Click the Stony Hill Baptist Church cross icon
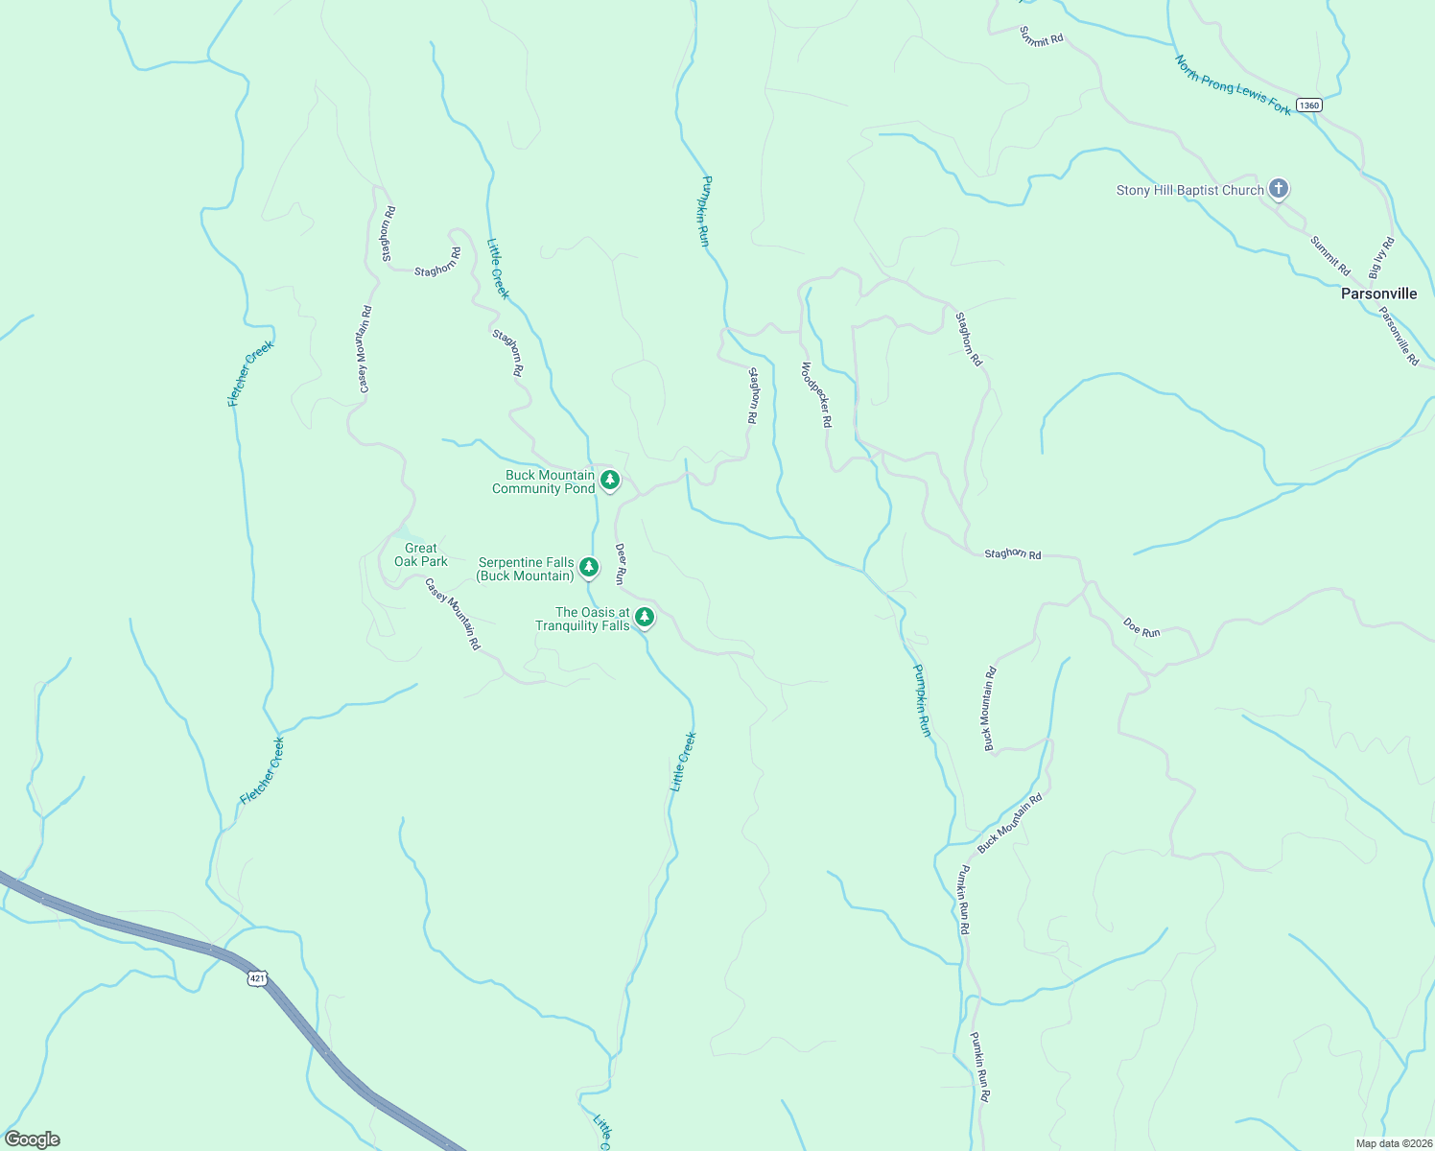click(x=1278, y=189)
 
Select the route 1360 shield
click(x=1308, y=105)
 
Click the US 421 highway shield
click(x=256, y=978)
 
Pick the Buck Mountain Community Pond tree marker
click(x=609, y=479)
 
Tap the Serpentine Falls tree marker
click(x=589, y=567)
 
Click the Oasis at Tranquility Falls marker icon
click(x=646, y=617)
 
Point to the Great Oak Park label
click(x=421, y=554)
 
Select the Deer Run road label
click(x=621, y=564)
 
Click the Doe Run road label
click(x=1141, y=627)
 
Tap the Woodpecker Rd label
click(x=816, y=394)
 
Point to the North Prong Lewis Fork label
click(x=1233, y=85)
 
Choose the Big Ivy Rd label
click(x=1381, y=258)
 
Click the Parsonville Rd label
click(x=1399, y=336)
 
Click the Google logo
click(x=32, y=1139)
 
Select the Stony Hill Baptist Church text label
click(x=1189, y=190)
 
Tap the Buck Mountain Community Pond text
click(x=544, y=482)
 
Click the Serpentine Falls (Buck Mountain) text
click(x=526, y=569)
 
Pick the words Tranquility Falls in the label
click(x=582, y=625)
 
